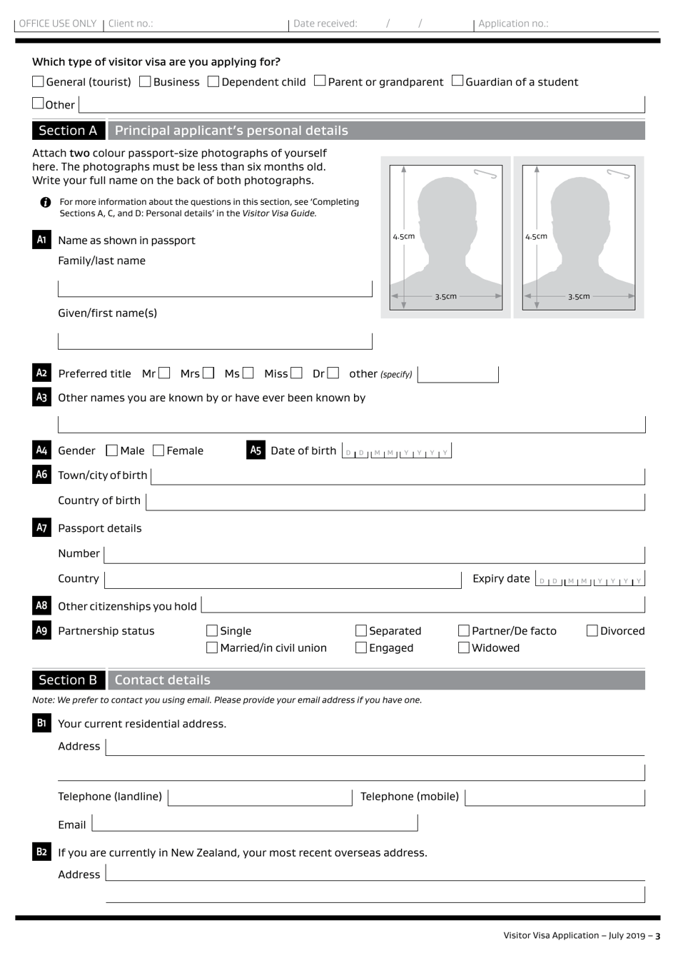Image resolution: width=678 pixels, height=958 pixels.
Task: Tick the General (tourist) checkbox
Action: [39, 82]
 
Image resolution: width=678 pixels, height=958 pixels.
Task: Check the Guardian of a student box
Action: [457, 81]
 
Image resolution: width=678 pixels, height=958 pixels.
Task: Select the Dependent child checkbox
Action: [213, 82]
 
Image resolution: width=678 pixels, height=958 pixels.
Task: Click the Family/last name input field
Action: [215, 288]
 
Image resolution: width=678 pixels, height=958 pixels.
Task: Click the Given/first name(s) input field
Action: [215, 341]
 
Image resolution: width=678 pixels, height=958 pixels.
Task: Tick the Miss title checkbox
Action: [296, 373]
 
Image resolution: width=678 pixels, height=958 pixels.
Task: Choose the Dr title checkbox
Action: [333, 373]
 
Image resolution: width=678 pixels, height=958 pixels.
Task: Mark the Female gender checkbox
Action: [159, 450]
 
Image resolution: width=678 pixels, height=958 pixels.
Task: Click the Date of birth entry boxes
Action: [396, 452]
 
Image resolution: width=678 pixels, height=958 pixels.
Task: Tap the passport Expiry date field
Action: [590, 580]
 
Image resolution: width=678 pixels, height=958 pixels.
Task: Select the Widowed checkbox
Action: [464, 648]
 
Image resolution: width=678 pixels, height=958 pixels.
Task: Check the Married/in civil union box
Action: [212, 648]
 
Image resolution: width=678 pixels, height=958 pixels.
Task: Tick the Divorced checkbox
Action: [592, 631]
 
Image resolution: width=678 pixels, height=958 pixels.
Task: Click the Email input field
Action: [255, 824]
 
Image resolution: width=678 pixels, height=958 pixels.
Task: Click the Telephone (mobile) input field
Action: [555, 797]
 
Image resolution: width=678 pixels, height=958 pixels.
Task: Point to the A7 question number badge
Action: [41, 528]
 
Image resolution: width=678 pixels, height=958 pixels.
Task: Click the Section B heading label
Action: [68, 680]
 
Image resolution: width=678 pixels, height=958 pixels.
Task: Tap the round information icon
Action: [46, 203]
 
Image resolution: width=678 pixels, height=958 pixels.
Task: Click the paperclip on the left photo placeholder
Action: [485, 173]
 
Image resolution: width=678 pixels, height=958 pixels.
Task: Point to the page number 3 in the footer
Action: [658, 936]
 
